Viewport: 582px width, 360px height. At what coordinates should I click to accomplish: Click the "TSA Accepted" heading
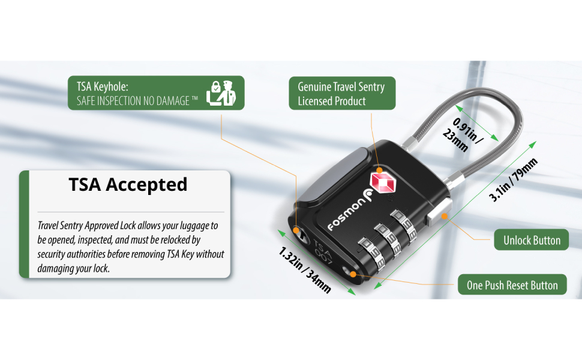point(128,185)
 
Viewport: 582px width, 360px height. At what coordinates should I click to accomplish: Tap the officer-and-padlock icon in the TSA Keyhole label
point(221,93)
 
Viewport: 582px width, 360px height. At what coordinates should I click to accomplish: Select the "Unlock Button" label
point(527,241)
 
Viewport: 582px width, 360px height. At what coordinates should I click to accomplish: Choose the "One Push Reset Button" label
point(512,285)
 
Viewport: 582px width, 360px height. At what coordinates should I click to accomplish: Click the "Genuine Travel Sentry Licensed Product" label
point(341,94)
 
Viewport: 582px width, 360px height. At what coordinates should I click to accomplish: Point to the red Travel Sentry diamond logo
point(380,181)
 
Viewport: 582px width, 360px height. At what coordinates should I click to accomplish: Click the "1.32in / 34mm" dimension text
point(304,270)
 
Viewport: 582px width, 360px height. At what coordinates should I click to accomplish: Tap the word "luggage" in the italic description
point(197,226)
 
